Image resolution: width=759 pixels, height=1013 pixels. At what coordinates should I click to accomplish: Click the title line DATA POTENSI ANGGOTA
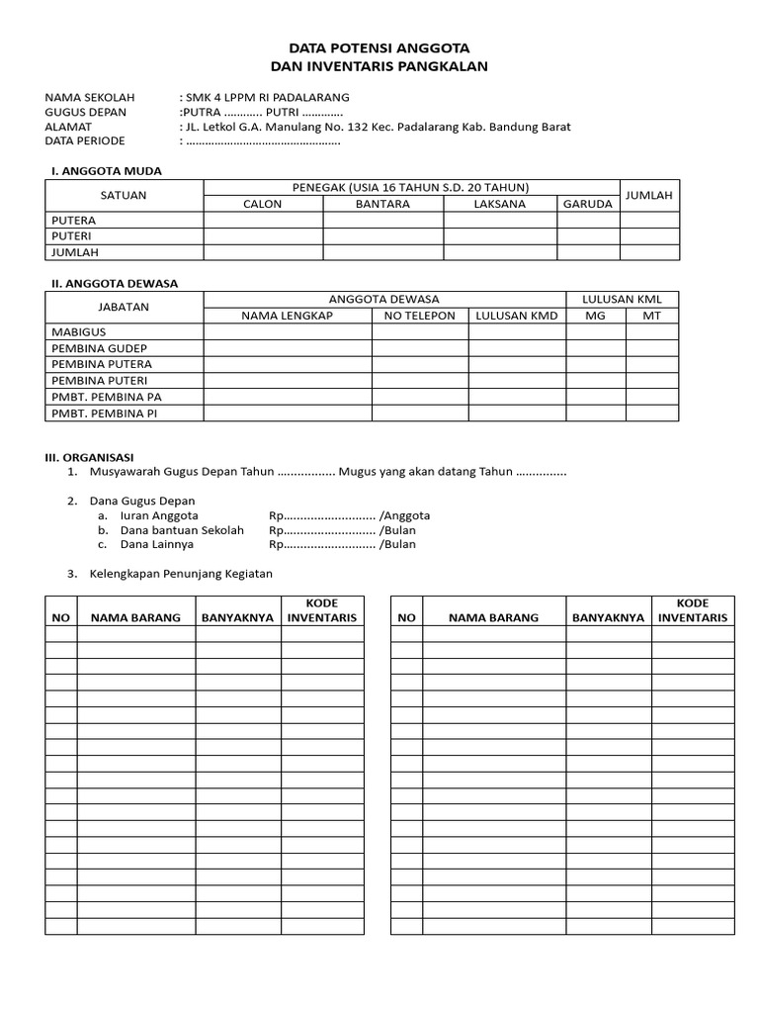(379, 47)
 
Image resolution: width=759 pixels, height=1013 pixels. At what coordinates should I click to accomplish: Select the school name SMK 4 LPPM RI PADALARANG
(266, 97)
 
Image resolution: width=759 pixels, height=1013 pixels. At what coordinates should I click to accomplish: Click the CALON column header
(263, 204)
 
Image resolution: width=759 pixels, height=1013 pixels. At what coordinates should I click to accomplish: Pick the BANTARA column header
(382, 204)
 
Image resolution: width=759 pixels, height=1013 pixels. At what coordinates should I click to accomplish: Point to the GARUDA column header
(588, 204)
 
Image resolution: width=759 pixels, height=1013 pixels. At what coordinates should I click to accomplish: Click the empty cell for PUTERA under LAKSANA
(499, 221)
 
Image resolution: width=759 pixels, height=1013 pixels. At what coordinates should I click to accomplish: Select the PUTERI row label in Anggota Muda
(73, 236)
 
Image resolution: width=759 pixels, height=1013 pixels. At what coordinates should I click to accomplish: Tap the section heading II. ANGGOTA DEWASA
(114, 283)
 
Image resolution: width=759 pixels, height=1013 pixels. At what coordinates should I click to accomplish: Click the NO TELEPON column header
(420, 316)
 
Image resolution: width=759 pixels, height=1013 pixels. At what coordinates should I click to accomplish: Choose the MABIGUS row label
(78, 332)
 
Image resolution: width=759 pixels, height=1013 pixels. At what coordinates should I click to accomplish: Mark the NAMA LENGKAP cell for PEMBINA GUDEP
(288, 348)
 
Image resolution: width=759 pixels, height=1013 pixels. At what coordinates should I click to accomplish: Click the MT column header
(651, 316)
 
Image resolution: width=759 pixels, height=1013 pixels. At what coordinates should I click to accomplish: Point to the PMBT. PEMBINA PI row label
(104, 413)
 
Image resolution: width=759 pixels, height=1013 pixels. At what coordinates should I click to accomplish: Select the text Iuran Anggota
(159, 515)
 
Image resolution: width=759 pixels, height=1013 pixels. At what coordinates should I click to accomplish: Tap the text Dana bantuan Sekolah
(182, 530)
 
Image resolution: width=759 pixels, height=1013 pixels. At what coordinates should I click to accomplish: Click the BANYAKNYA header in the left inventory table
(237, 617)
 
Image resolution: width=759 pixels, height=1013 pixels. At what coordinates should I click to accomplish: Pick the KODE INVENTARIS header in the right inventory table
(692, 610)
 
